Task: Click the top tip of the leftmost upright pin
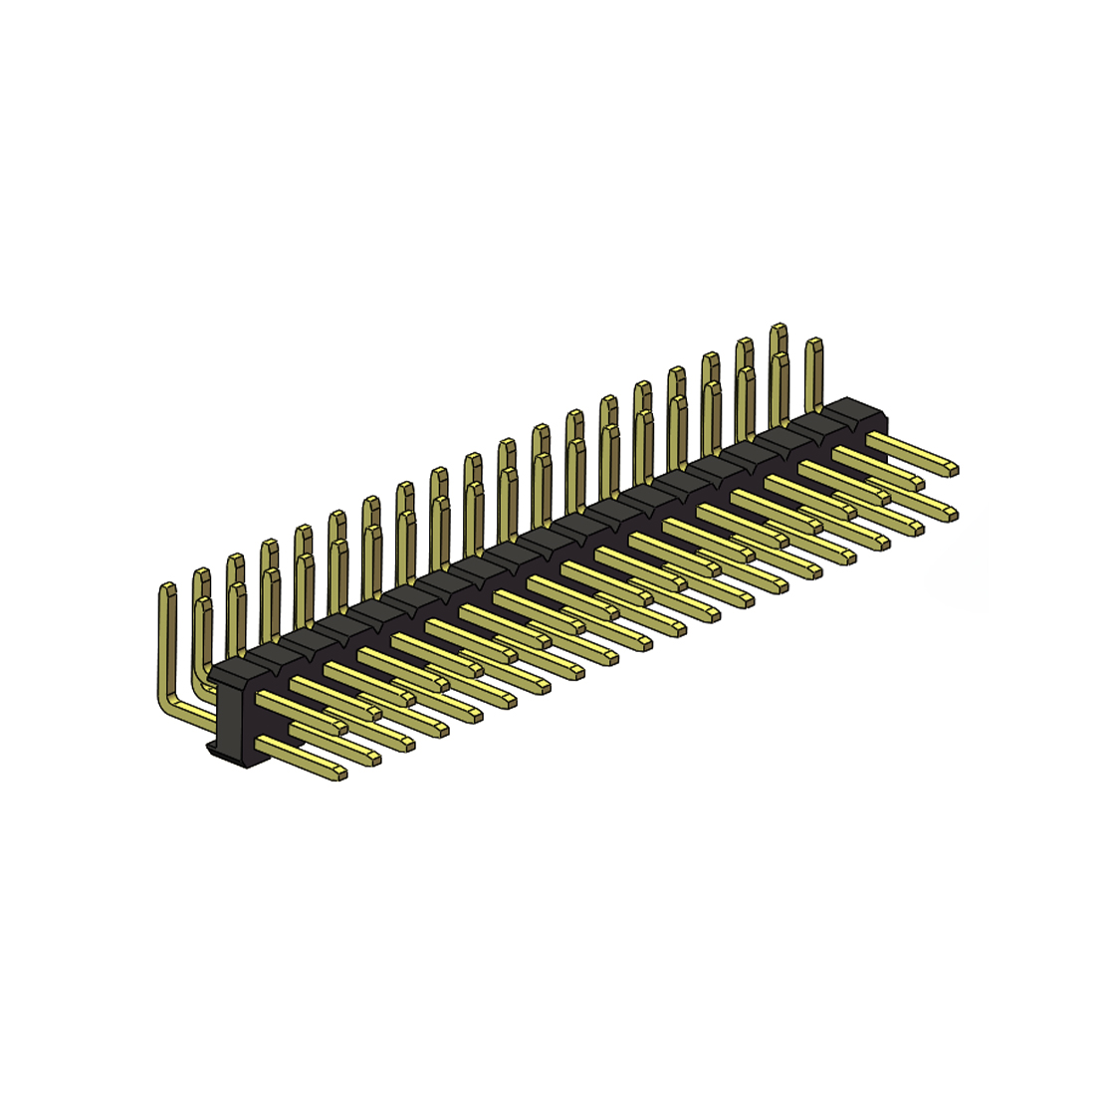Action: (x=167, y=590)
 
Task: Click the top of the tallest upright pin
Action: (x=779, y=330)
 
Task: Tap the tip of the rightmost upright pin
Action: (x=813, y=344)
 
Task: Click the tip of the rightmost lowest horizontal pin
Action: (x=951, y=515)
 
